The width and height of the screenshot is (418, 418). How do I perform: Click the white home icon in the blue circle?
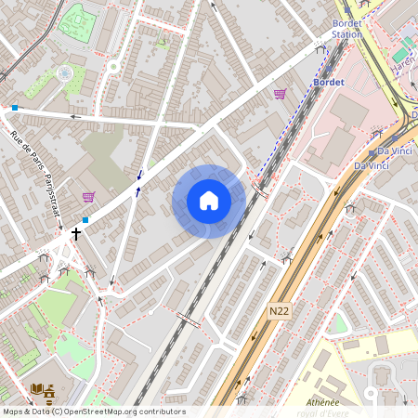209,201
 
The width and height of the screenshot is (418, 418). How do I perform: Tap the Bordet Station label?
347,29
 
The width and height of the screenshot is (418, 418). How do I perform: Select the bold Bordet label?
330,82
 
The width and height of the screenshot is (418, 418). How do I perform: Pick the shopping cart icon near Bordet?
280,94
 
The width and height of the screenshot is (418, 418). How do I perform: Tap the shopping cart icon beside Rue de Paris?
88,196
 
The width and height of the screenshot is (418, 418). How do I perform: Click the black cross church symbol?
76,235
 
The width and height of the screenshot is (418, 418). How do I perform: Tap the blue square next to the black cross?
85,220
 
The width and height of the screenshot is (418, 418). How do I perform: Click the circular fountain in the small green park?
64,72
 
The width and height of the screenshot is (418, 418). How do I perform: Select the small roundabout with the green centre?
113,67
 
